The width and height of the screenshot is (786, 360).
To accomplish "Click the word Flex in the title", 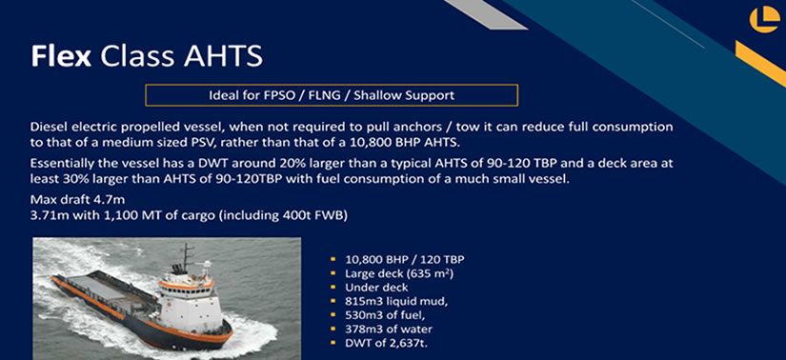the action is (x=61, y=55).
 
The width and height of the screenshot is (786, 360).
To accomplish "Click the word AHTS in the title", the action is (x=223, y=55).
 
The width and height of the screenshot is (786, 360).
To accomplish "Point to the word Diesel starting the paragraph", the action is (x=46, y=127).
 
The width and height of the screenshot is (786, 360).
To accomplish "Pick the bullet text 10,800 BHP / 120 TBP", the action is (x=405, y=260).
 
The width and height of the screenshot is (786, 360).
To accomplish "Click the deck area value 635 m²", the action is (x=431, y=273).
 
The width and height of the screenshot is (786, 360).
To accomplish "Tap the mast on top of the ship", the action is (x=187, y=257).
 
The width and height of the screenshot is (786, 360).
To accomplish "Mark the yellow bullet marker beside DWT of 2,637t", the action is (x=333, y=344).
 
